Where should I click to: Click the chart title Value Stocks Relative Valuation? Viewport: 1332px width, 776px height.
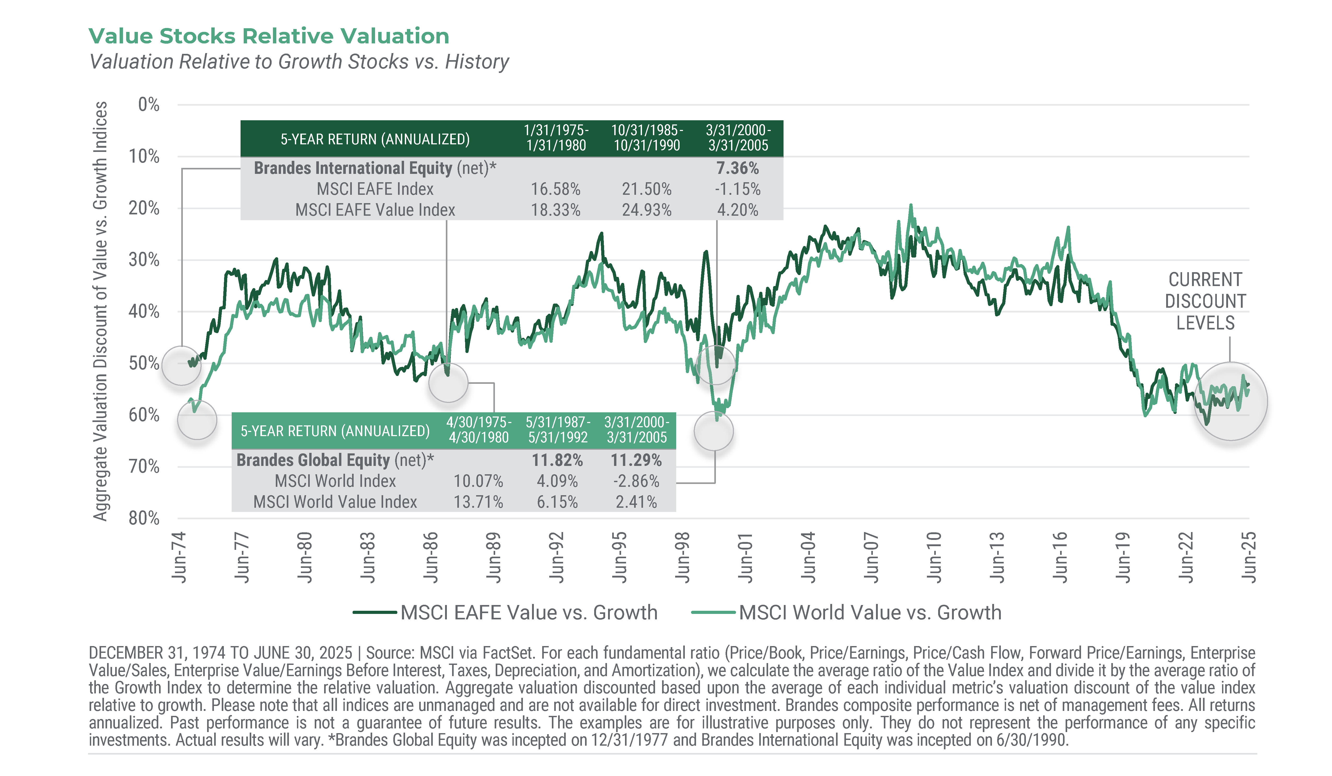(x=268, y=36)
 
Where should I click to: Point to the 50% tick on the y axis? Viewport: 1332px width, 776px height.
(x=144, y=363)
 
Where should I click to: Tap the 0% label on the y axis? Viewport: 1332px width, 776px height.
(x=149, y=105)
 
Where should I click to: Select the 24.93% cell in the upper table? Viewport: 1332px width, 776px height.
(x=646, y=210)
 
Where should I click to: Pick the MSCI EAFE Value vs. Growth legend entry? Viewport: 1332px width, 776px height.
(x=529, y=613)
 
